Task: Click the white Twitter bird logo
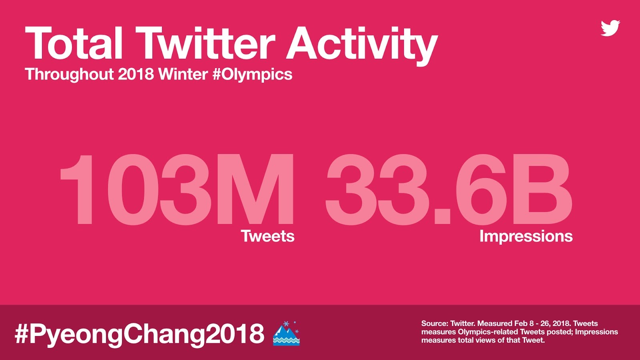610,28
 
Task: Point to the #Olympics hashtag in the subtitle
252,75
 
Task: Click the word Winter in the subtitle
183,74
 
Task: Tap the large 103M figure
176,190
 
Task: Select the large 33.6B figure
449,190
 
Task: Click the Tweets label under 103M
268,236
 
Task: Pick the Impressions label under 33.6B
526,236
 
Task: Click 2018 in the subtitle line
136,74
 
